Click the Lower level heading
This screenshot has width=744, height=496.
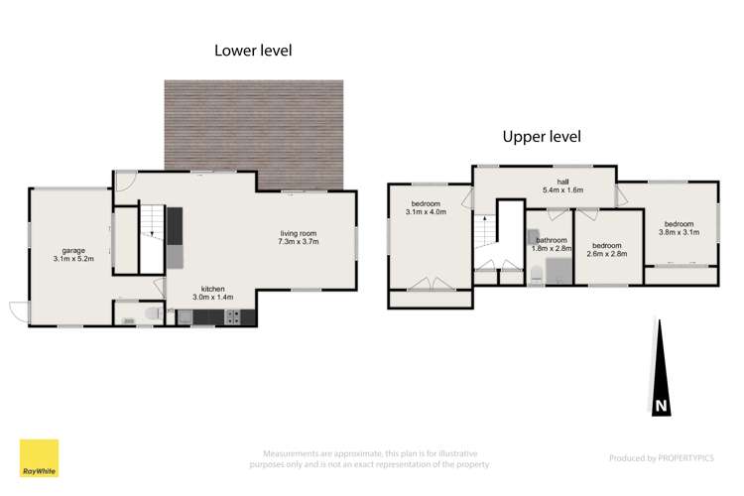253,51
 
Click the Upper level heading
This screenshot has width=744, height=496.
542,137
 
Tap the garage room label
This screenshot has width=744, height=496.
73,250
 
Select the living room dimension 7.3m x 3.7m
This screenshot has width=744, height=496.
298,242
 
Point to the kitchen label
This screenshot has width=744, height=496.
212,289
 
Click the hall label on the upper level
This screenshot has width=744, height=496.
562,182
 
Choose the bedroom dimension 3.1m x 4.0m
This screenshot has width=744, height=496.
426,211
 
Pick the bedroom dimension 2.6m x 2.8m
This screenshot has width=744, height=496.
607,254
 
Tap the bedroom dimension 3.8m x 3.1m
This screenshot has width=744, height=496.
679,232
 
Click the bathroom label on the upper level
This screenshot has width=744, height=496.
552,240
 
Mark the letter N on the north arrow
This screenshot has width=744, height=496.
661,406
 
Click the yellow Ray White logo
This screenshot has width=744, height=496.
39,458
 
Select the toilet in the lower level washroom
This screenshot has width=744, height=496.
153,313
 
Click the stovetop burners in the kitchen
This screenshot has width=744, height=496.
232,317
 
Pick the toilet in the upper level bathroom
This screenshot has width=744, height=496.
536,276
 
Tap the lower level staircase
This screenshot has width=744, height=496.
152,238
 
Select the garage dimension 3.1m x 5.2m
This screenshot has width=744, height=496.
73,259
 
